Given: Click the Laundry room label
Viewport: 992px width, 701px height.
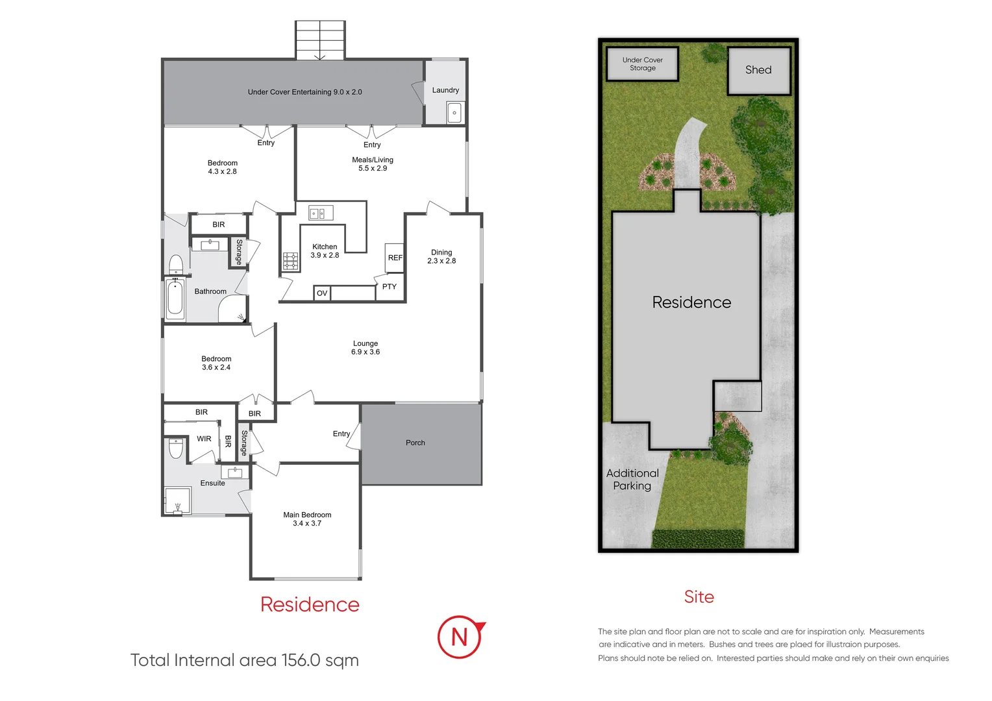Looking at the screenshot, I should pyautogui.click(x=445, y=90).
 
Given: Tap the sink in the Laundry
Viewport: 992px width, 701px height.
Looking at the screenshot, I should pyautogui.click(x=454, y=113).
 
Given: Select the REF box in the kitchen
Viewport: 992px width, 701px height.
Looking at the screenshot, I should pyautogui.click(x=395, y=258).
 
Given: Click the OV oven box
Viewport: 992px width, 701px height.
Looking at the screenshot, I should pyautogui.click(x=322, y=293).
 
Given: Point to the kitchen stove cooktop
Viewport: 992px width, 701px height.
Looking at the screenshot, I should pyautogui.click(x=290, y=261).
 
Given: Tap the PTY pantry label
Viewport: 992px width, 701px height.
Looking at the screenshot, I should pyautogui.click(x=390, y=286).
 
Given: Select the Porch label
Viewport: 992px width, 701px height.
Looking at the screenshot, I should pyautogui.click(x=415, y=443).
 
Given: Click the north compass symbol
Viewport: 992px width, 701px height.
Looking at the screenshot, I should pyautogui.click(x=460, y=637).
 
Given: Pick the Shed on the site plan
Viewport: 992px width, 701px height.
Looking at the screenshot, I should pyautogui.click(x=758, y=70).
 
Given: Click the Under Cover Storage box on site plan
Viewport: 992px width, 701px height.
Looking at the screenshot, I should pyautogui.click(x=642, y=64).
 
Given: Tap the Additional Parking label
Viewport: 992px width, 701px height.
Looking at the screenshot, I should pyautogui.click(x=632, y=480).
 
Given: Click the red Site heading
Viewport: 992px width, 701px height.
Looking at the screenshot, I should pyautogui.click(x=699, y=597).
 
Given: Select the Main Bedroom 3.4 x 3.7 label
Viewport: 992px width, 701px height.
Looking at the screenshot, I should pyautogui.click(x=307, y=519).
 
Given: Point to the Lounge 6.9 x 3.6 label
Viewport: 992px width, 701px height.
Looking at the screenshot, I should pyautogui.click(x=366, y=348).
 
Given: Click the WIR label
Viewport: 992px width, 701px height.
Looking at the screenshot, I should pyautogui.click(x=204, y=439).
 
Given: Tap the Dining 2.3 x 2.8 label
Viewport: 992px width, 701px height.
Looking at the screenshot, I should pyautogui.click(x=441, y=256).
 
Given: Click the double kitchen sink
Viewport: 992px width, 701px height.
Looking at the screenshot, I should pyautogui.click(x=321, y=213).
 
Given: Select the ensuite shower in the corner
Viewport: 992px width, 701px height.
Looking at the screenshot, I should pyautogui.click(x=177, y=501).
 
